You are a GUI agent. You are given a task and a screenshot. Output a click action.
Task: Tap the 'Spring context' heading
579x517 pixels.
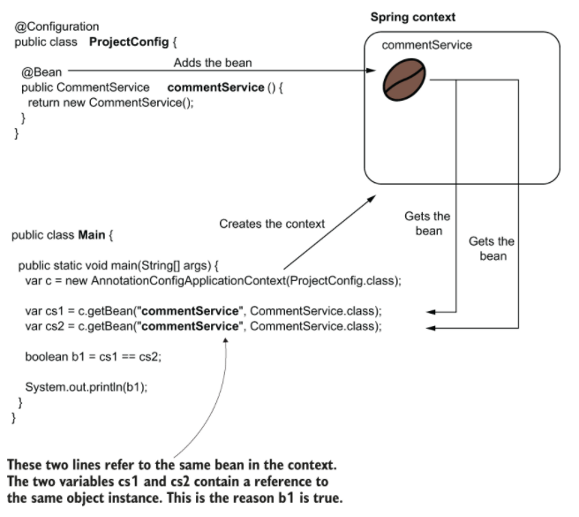click(411, 17)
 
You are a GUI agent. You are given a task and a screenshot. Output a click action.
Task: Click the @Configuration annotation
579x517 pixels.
click(56, 27)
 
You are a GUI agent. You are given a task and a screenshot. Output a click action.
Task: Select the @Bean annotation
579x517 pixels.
click(40, 72)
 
